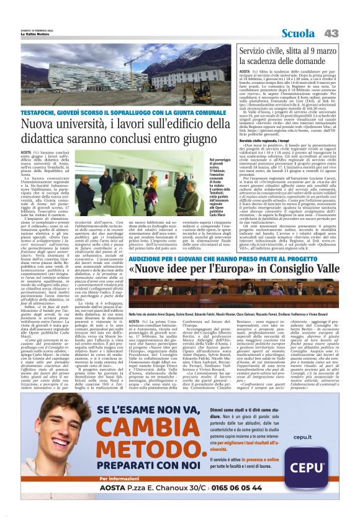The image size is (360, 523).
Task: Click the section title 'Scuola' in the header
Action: [299, 33]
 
